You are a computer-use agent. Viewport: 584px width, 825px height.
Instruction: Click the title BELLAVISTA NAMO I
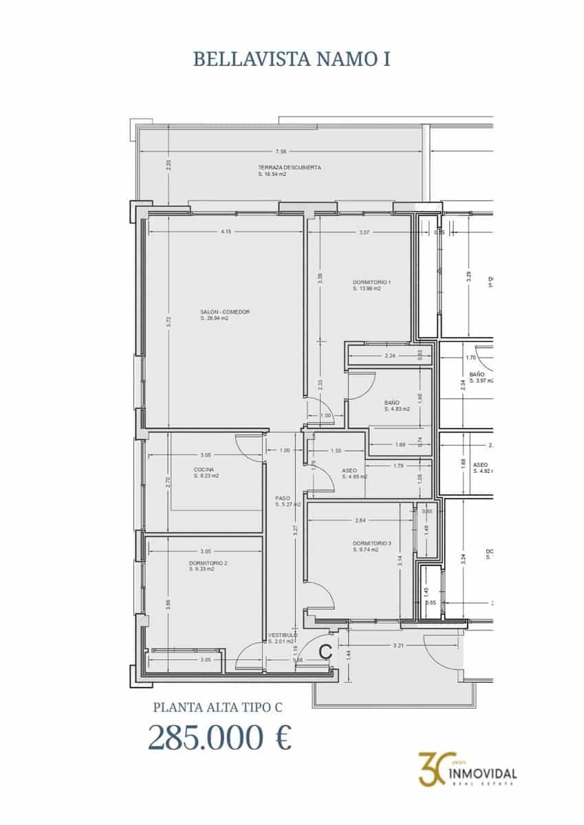(x=292, y=59)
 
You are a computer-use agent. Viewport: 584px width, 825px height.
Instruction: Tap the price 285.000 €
(x=219, y=738)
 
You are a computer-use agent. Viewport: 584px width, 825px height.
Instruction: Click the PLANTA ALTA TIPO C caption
(x=217, y=706)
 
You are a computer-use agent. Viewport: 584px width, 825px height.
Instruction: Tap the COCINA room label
(x=204, y=470)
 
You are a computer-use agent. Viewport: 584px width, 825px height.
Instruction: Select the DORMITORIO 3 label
(x=371, y=544)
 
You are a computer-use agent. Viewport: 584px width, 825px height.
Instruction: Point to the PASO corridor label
(x=283, y=498)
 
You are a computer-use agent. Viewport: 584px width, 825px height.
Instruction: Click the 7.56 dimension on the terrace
(x=281, y=152)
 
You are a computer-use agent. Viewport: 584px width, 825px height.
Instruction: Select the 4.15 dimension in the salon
(x=226, y=232)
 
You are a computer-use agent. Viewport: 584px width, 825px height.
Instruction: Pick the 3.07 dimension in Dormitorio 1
(x=365, y=232)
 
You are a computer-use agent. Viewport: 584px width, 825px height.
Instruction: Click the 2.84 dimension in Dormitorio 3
(x=360, y=520)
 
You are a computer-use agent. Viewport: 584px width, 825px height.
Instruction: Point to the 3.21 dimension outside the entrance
(x=397, y=646)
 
